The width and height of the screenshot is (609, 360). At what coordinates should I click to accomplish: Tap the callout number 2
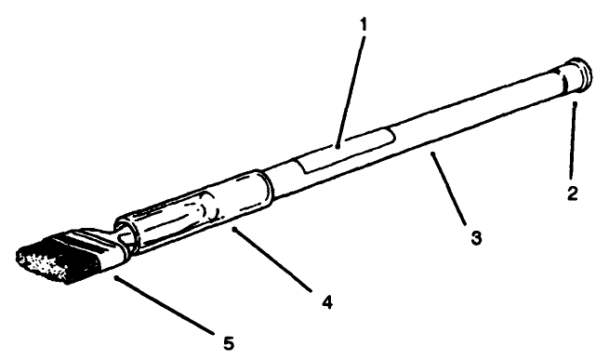point(574,195)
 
